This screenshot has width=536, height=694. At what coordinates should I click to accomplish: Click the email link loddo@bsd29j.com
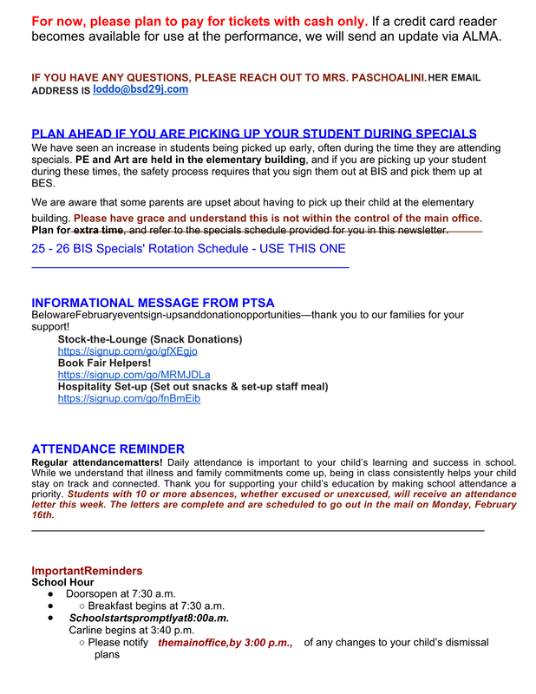141,89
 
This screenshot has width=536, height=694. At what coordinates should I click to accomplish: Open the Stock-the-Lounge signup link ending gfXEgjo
127,351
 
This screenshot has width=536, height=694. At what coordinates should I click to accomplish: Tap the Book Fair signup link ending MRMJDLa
134,375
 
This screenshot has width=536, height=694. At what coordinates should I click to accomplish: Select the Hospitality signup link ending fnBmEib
128,398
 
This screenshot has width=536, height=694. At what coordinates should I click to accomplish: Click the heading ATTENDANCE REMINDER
108,449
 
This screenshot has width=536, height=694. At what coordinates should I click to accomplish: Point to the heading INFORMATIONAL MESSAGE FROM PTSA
153,303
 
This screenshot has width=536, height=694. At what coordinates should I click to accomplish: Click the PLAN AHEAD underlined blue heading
254,134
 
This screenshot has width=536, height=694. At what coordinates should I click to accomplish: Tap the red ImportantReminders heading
87,571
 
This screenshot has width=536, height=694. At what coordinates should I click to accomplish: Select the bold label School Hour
62,583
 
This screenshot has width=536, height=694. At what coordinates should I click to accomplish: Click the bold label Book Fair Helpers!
104,363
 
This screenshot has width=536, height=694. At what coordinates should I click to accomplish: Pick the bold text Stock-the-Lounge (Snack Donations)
150,339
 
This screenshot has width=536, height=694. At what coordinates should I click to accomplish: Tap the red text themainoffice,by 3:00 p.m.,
226,643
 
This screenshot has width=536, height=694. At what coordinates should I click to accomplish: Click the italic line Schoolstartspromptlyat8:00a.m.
149,618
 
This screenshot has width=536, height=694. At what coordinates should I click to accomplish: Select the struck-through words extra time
98,230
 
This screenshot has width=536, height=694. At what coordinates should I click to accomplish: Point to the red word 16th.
42,514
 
